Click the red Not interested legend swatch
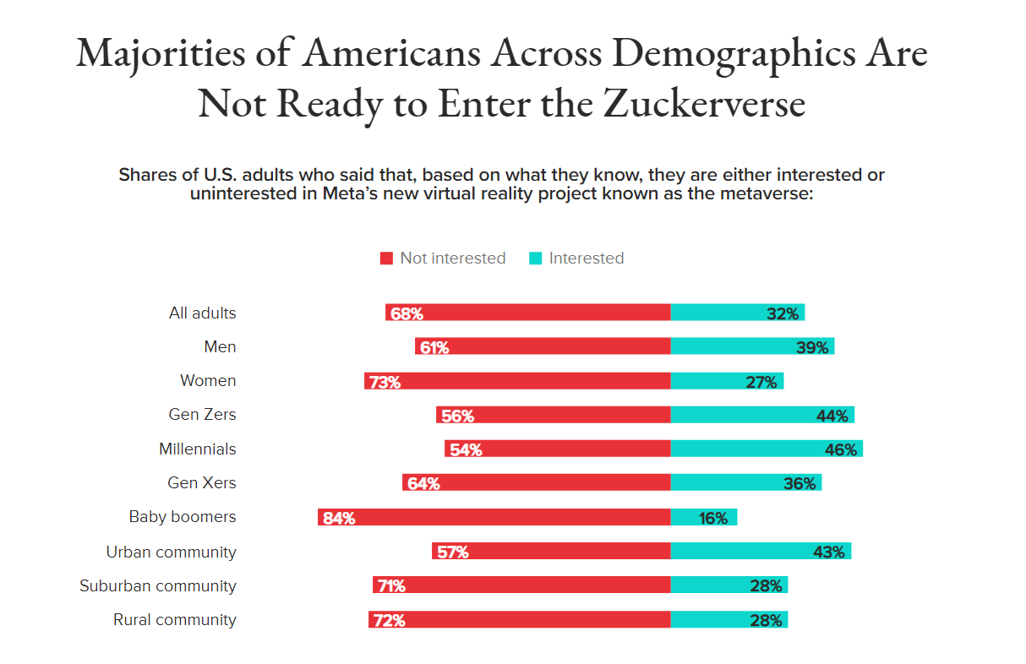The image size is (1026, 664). (386, 259)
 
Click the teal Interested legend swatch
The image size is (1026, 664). (535, 259)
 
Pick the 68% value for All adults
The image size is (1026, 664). (407, 313)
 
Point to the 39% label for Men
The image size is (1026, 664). (811, 347)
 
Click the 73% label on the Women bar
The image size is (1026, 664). (385, 382)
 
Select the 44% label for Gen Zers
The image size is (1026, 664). (832, 416)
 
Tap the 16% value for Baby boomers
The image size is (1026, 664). (713, 518)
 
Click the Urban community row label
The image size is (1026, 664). (171, 552)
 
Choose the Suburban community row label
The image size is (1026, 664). (158, 585)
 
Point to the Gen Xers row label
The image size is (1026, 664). (202, 483)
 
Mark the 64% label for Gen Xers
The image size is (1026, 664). (423, 484)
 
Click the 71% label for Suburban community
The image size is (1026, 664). (392, 586)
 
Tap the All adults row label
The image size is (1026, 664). (203, 313)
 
